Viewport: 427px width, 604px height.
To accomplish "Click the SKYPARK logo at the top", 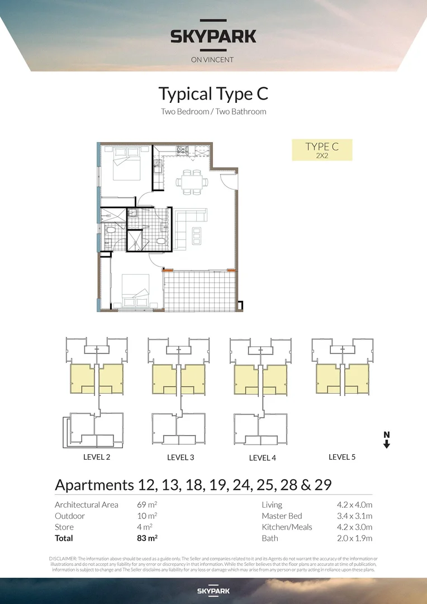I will point(213,37).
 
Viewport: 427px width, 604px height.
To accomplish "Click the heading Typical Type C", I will point(213,93).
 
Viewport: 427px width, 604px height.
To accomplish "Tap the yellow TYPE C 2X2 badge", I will point(322,150).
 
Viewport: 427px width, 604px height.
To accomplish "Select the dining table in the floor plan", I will point(192,182).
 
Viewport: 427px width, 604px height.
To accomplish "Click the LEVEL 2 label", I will point(96,457).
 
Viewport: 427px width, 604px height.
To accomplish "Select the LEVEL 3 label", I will point(181,457).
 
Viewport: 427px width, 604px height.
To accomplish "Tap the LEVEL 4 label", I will point(262,457).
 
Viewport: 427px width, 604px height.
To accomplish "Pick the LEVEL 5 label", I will point(342,457).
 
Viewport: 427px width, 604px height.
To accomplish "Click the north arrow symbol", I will point(386,440).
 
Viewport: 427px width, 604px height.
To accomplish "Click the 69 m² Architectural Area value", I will point(148,504).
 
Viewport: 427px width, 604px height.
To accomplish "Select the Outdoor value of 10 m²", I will point(148,516).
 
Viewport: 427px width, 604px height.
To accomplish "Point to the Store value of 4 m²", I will point(145,527).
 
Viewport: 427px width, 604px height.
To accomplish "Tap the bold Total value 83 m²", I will point(148,538).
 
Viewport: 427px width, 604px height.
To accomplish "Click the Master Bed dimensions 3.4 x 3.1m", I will point(350,516).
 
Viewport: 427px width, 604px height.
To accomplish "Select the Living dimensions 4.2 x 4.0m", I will point(350,504).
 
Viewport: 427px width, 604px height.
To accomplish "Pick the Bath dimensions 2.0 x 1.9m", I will point(350,538).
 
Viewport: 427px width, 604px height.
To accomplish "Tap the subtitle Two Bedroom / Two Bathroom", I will point(213,111).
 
